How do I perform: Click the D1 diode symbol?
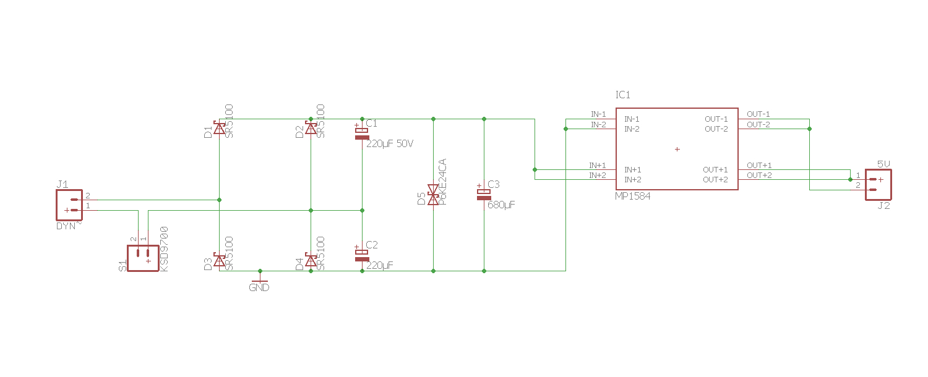click(219, 129)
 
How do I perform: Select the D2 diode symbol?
click(311, 129)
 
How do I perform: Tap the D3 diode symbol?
click(219, 261)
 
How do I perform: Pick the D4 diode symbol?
click(311, 261)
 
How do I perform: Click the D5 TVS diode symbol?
click(433, 195)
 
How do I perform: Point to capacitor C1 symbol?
click(362, 133)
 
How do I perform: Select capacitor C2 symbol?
click(362, 255)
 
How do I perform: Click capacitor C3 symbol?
click(484, 194)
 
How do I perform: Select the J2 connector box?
click(879, 185)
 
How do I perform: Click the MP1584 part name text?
click(632, 196)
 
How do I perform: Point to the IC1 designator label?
click(622, 95)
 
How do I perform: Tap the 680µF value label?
click(501, 205)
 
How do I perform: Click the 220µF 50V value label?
click(390, 143)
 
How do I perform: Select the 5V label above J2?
click(883, 164)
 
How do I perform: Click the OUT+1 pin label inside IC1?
click(715, 169)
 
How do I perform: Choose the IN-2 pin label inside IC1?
click(632, 129)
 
